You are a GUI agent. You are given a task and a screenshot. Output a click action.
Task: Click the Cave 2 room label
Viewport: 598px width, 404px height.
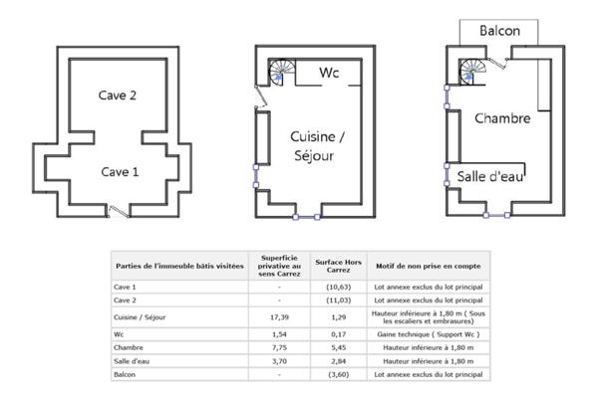tap(117, 96)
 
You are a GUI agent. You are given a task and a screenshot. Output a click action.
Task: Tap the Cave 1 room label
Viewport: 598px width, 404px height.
tap(120, 172)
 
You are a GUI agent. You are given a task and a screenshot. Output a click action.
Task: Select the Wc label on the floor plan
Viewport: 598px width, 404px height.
tap(329, 73)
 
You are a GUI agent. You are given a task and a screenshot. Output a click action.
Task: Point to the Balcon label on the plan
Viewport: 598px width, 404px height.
tap(499, 31)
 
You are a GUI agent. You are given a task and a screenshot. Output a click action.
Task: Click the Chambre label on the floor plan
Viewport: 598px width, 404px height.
tap(502, 118)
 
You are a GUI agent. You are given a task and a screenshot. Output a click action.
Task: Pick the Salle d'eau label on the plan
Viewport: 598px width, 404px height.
tap(490, 176)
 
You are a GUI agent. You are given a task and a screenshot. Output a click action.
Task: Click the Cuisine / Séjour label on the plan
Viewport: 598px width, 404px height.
tap(317, 146)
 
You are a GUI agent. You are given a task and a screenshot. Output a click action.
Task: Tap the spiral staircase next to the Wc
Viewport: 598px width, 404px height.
tap(282, 73)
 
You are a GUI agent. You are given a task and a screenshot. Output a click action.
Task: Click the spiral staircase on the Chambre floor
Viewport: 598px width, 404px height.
tap(472, 72)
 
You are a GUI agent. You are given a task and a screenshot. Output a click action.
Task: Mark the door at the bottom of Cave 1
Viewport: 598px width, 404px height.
tap(119, 212)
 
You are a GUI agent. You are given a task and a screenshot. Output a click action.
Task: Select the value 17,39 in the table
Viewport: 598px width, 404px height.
tap(279, 317)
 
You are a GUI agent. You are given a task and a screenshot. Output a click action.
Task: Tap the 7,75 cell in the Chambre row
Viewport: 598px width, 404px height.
tap(279, 347)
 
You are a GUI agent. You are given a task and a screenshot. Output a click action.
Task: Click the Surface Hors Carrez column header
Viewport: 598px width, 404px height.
tap(338, 266)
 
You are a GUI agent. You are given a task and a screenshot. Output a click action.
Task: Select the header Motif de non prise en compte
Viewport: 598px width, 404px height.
tap(429, 266)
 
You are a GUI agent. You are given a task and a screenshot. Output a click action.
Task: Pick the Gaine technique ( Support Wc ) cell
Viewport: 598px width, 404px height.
tap(429, 334)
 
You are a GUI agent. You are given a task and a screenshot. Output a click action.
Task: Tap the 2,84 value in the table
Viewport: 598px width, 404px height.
tap(338, 361)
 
